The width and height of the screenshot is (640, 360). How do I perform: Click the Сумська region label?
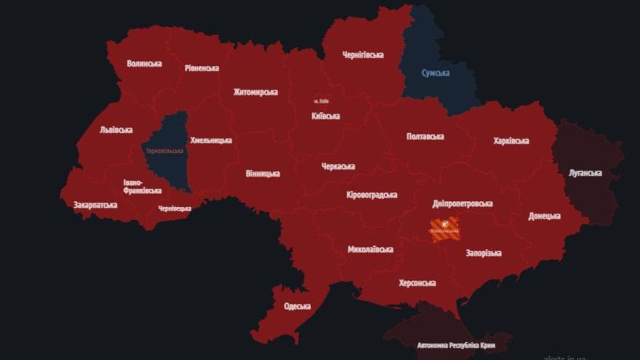point(435,73)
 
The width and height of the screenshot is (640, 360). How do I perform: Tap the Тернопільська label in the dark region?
point(165,151)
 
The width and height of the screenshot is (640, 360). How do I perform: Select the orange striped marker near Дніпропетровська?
point(444,229)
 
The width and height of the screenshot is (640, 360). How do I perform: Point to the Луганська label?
point(585,173)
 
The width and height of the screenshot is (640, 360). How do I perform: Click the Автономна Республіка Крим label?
point(456,345)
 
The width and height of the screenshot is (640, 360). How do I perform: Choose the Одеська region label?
point(297,306)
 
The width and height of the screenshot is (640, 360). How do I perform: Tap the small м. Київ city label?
point(321,101)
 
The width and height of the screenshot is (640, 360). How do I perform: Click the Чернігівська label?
point(363,55)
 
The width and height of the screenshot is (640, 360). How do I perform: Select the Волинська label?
point(144,64)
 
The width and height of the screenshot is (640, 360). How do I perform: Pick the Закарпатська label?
point(95,205)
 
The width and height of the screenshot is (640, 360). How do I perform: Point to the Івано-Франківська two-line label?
point(142,187)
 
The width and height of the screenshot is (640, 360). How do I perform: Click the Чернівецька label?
point(174,209)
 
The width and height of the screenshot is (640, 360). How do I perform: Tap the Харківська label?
point(511,141)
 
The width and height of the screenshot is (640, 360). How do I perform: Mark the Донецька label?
point(544,216)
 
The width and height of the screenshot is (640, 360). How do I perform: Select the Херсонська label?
point(417,283)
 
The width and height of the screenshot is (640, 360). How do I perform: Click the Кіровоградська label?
point(372,195)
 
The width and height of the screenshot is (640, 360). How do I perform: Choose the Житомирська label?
point(255,92)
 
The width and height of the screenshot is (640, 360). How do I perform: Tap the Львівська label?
point(116,130)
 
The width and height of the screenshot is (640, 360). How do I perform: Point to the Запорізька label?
point(483,253)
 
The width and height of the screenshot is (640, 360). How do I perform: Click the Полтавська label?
point(425,137)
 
